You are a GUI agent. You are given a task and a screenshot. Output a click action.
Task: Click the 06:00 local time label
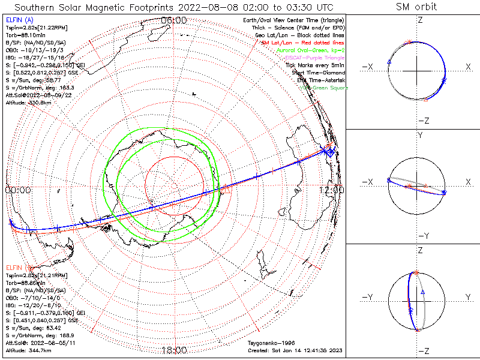click(x=174, y=20)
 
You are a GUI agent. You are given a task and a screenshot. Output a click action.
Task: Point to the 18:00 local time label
click(x=174, y=350)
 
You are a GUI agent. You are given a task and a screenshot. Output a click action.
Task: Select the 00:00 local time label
click(x=18, y=190)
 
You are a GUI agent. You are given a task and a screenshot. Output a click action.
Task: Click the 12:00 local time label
click(x=332, y=190)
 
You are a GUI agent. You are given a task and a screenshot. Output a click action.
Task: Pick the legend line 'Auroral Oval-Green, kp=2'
click(x=311, y=50)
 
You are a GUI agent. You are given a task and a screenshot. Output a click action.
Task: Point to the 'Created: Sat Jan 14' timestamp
click(x=295, y=350)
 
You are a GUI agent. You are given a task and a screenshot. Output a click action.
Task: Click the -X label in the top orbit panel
click(x=367, y=66)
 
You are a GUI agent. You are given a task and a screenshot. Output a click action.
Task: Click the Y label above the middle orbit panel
click(x=420, y=136)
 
